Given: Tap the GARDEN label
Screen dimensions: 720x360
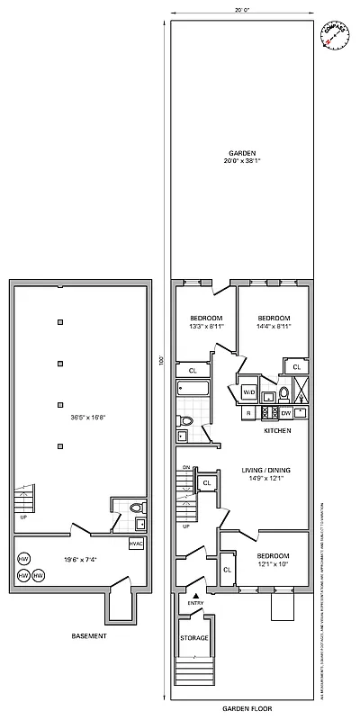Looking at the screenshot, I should (x=241, y=153).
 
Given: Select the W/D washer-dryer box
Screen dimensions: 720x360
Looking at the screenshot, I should (x=248, y=391).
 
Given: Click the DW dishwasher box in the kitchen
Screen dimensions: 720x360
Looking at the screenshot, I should (x=285, y=413).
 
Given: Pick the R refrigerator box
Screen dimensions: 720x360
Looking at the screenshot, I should (x=247, y=413).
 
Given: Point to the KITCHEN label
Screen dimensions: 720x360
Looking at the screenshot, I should (x=276, y=431).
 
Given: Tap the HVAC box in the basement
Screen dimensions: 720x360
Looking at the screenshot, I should (x=136, y=543).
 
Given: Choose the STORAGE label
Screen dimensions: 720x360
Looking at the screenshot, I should (x=194, y=638).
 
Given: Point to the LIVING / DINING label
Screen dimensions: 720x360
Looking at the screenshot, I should (x=267, y=470).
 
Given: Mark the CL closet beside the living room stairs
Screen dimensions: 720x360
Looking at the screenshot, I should (x=206, y=483).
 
